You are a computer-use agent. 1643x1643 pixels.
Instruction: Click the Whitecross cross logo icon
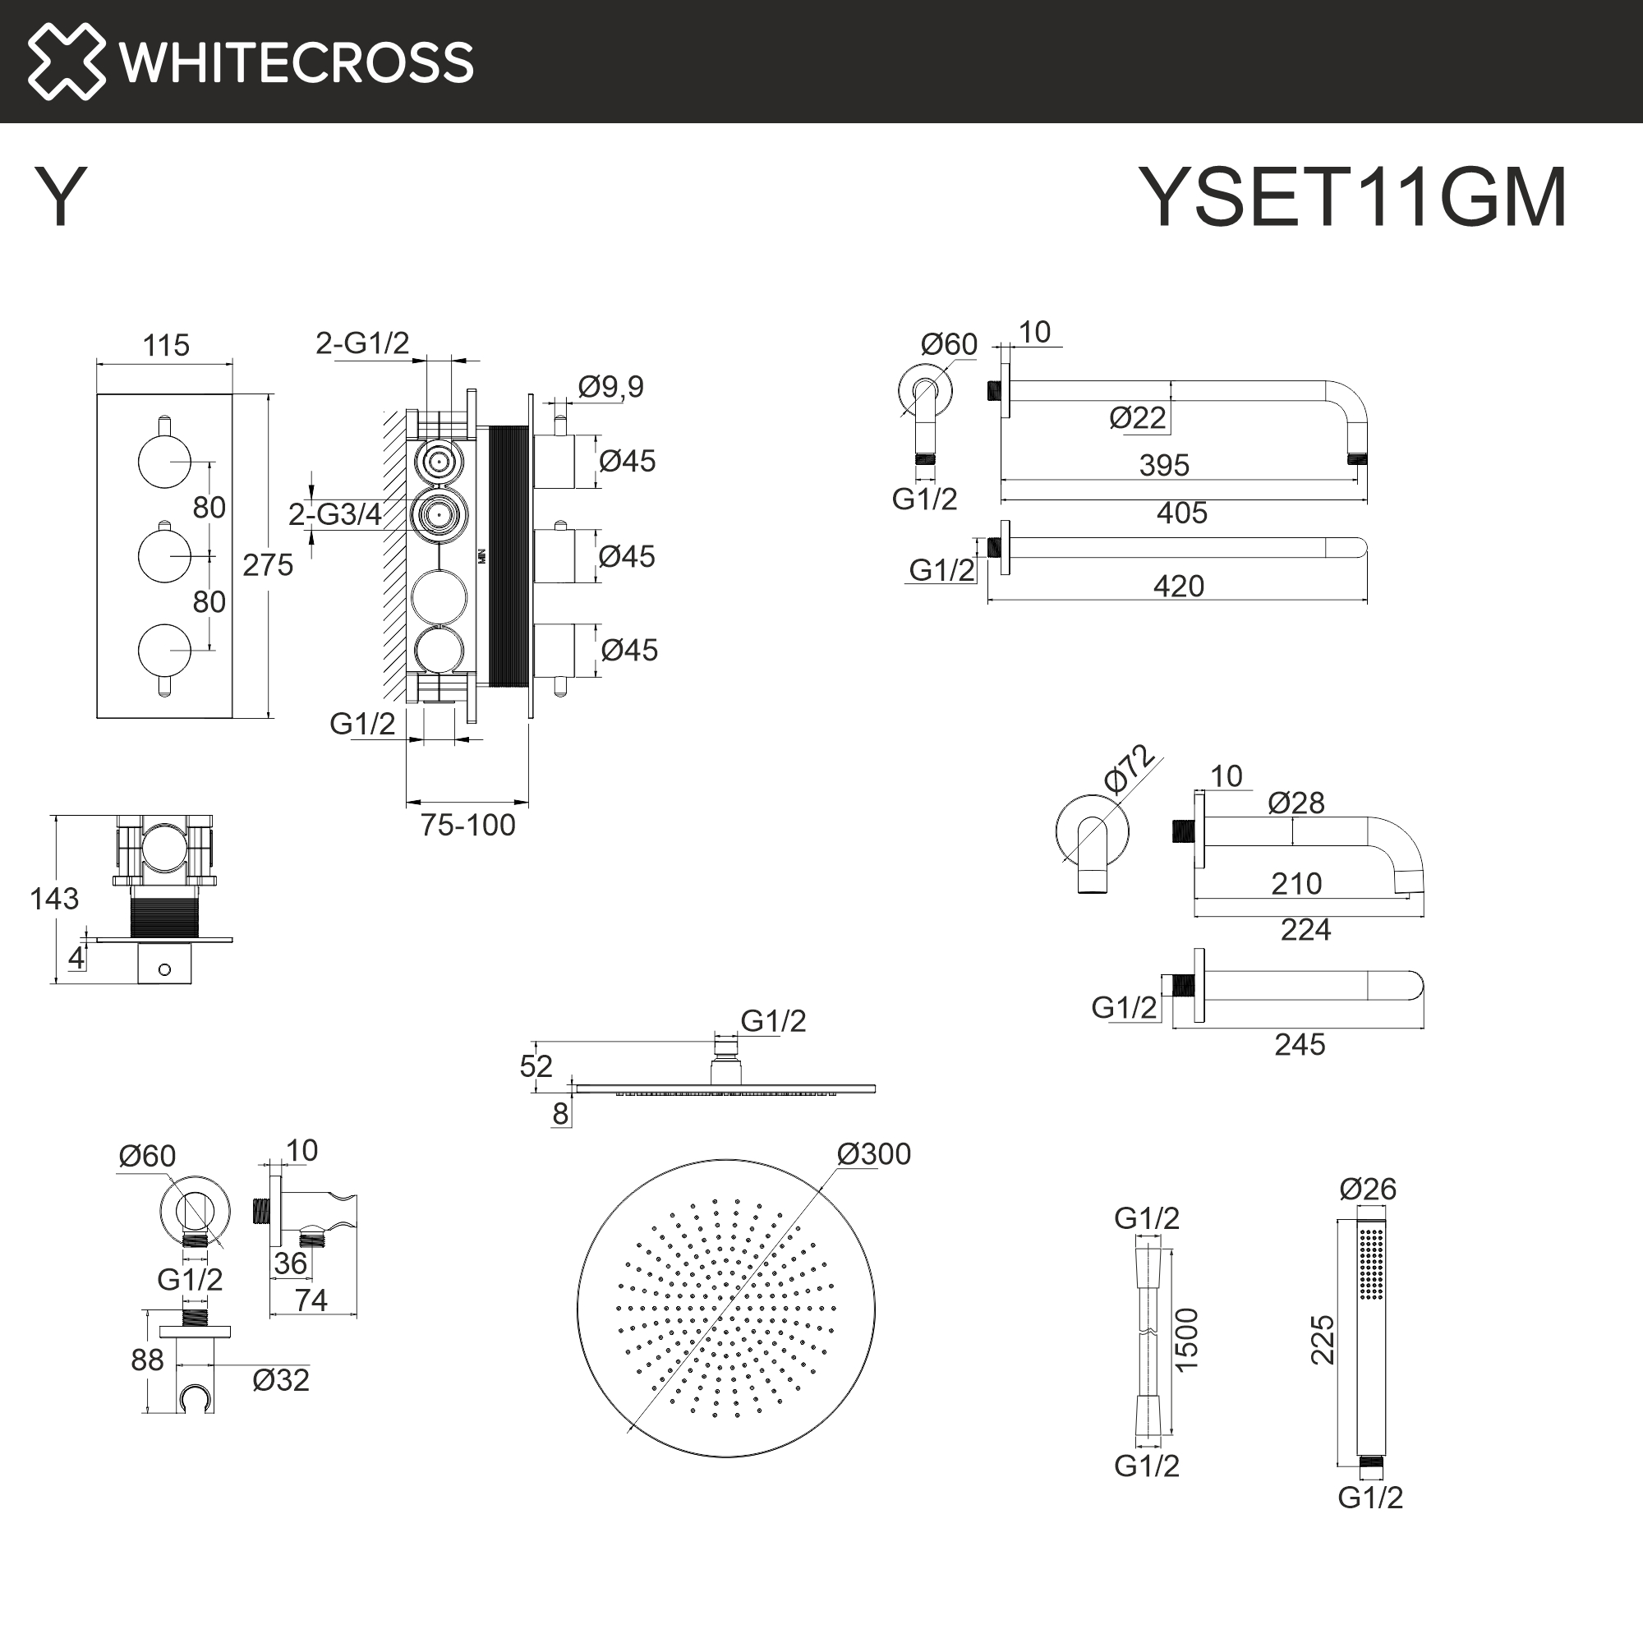[67, 62]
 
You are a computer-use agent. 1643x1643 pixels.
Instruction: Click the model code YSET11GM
[1352, 197]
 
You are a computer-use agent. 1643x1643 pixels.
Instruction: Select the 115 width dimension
[166, 346]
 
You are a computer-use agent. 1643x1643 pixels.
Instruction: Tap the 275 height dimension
[268, 564]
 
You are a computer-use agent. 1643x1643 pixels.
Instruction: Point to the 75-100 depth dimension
[467, 825]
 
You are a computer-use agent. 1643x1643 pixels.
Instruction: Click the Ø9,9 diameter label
[610, 387]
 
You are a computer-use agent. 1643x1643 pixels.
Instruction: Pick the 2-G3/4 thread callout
[334, 514]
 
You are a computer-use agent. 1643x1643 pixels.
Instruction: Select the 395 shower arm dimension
[1164, 465]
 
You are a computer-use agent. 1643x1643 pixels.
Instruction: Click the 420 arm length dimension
[1179, 586]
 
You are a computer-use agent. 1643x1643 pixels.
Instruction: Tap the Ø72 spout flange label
[1129, 769]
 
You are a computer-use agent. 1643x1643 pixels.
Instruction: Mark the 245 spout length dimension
[1300, 1044]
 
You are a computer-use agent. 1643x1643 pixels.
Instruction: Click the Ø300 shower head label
[873, 1154]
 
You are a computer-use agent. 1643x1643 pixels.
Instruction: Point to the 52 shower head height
[536, 1066]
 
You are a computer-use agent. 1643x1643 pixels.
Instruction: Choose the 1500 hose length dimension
[1186, 1340]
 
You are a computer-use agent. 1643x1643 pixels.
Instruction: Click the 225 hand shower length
[1323, 1340]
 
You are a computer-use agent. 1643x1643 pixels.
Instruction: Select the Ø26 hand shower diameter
[1368, 1189]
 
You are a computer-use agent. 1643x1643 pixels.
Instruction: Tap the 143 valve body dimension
[53, 899]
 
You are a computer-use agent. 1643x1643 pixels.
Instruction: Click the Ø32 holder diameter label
[281, 1380]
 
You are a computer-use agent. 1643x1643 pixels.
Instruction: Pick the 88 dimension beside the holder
[147, 1360]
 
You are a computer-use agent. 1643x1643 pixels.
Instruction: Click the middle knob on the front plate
[165, 556]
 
